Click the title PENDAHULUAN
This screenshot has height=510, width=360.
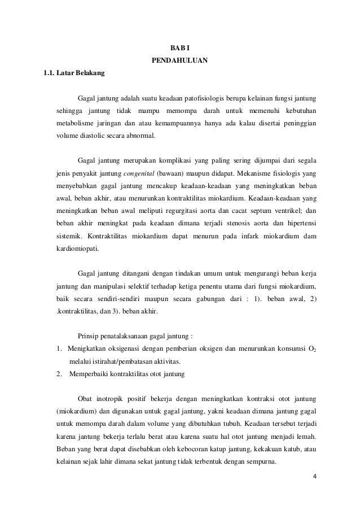pos(180,59)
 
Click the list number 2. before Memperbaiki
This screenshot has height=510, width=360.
pos(60,373)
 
